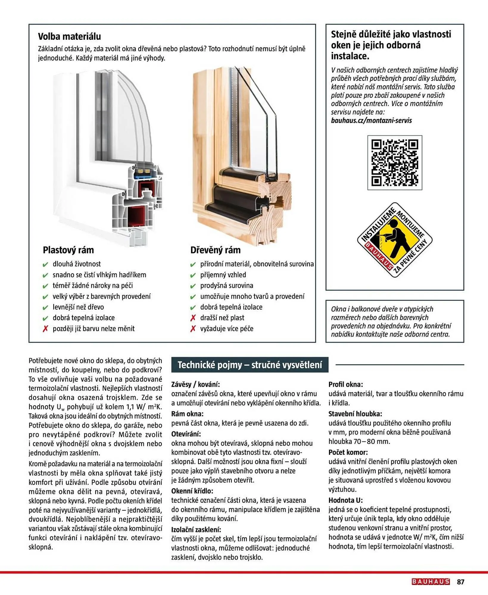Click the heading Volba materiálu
(x=69, y=37)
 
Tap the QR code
(x=395, y=162)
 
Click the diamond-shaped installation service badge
(x=395, y=240)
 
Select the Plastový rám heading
(x=68, y=250)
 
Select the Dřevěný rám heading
(x=215, y=250)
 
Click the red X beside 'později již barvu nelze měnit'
(x=45, y=329)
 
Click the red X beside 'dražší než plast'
(x=193, y=318)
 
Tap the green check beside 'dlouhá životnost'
(x=45, y=264)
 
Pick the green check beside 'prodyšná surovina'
(x=193, y=286)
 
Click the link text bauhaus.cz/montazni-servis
(x=371, y=120)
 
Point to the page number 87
(x=461, y=582)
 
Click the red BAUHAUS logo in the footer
(x=431, y=582)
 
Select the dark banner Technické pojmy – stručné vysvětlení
(x=250, y=365)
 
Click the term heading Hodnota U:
(x=345, y=500)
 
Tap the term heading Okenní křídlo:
(x=192, y=491)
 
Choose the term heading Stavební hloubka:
(x=355, y=414)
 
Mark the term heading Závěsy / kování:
(x=195, y=384)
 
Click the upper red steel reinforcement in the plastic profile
(x=146, y=188)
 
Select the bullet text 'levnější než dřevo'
(x=78, y=307)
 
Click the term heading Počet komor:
(x=348, y=452)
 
